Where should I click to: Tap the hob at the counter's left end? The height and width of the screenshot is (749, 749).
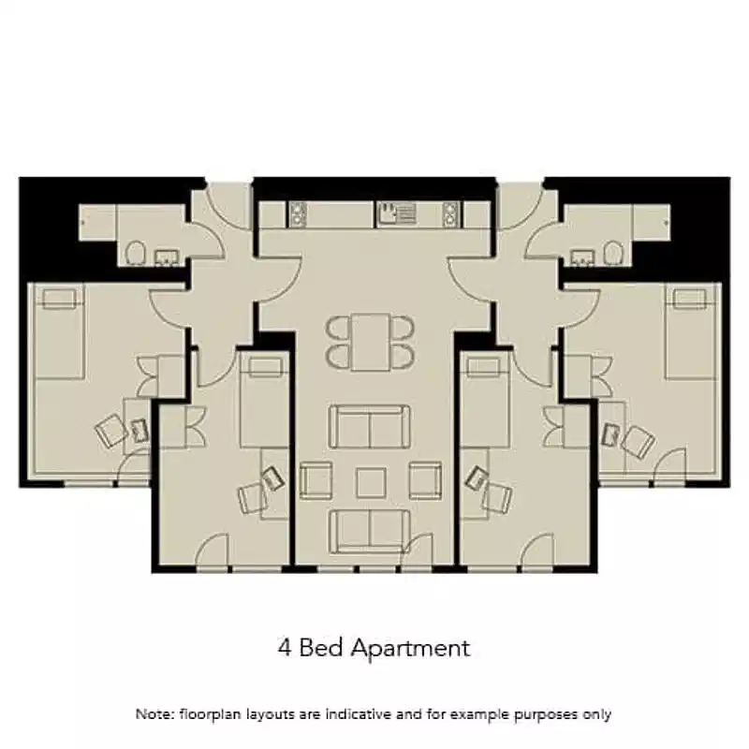pyautogui.click(x=300, y=214)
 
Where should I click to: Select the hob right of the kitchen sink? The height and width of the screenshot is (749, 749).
pyautogui.click(x=451, y=214)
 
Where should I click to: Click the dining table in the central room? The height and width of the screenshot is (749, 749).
pyautogui.click(x=371, y=342)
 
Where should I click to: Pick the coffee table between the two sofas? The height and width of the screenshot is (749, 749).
pyautogui.click(x=371, y=482)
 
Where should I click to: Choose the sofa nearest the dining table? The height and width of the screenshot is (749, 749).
pyautogui.click(x=370, y=427)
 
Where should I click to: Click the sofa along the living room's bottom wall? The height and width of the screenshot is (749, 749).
pyautogui.click(x=370, y=531)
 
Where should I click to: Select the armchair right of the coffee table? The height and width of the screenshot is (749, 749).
pyautogui.click(x=425, y=478)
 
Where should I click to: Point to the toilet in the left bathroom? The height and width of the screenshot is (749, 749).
pyautogui.click(x=136, y=252)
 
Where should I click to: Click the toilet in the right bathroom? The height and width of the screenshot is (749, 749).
pyautogui.click(x=614, y=252)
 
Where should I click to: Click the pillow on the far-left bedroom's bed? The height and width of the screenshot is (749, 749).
pyautogui.click(x=58, y=299)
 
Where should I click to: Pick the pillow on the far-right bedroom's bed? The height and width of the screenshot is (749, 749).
pyautogui.click(x=689, y=299)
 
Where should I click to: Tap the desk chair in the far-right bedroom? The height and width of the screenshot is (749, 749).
pyautogui.click(x=639, y=439)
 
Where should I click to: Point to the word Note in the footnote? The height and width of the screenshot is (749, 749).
pyautogui.click(x=153, y=714)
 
